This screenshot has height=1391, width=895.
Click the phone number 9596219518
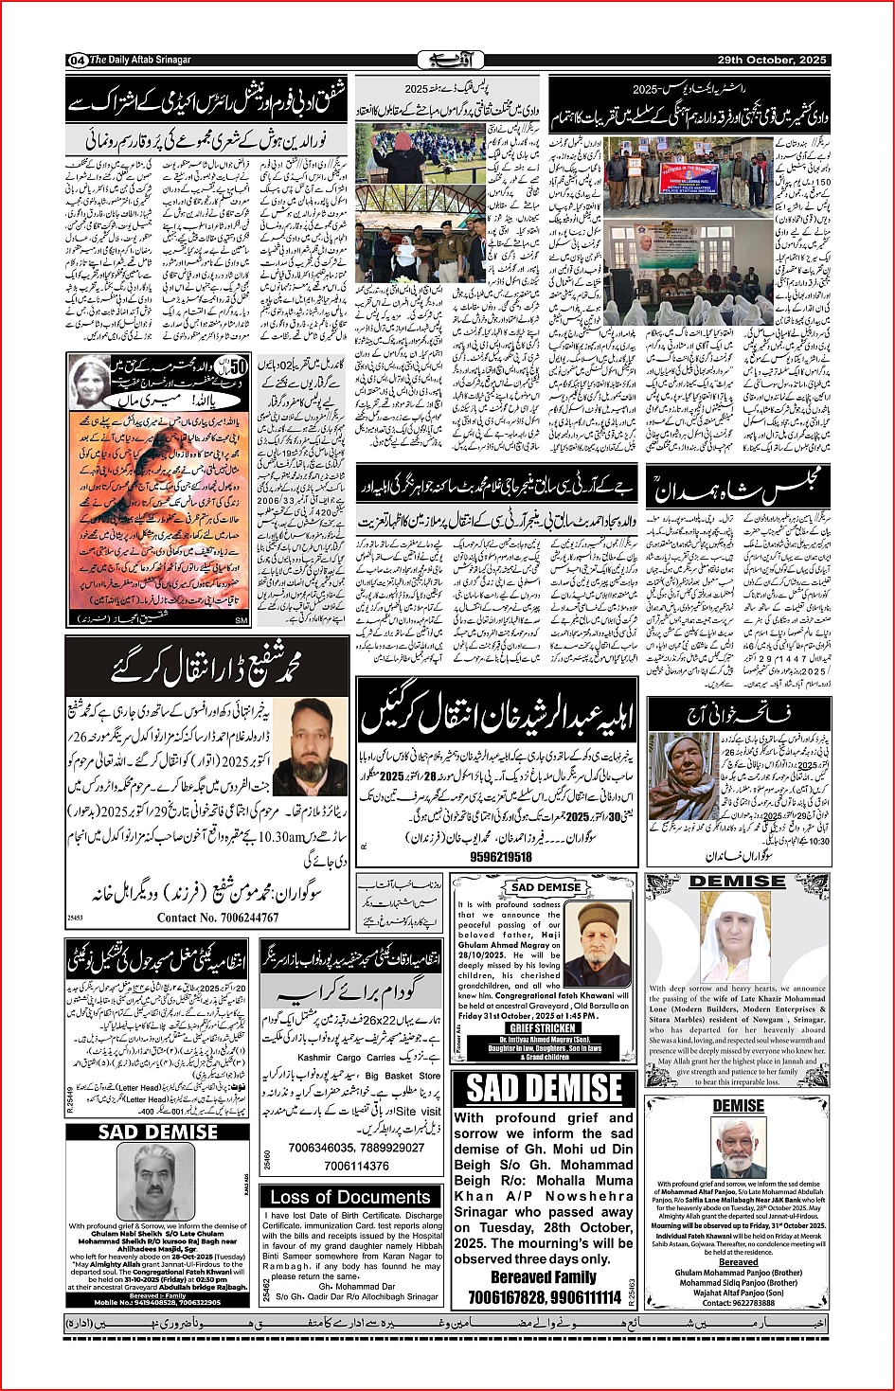tap(501, 856)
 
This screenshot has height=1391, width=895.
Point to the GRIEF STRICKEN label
tap(543, 1027)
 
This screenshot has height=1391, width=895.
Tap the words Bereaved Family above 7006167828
tap(544, 1277)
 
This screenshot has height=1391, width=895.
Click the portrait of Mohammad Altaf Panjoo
tap(739, 1146)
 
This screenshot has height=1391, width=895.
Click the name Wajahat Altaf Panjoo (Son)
tap(738, 1293)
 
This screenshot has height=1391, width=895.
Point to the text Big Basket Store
tap(403, 1076)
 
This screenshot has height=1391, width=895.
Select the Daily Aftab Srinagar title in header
tap(140, 60)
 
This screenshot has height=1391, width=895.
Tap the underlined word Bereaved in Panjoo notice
tap(738, 1262)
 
